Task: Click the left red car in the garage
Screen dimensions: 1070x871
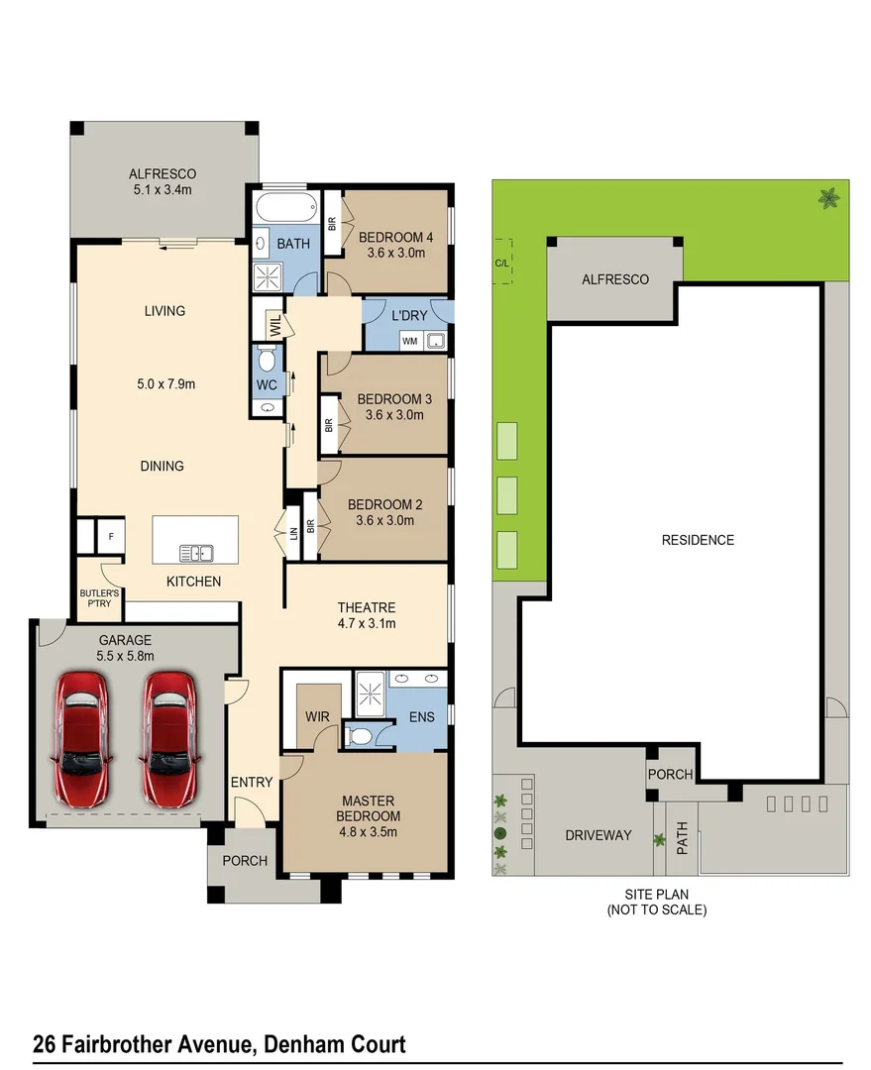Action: click(82, 738)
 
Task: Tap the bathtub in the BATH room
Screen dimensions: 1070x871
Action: click(285, 209)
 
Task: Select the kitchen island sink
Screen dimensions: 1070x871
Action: click(194, 553)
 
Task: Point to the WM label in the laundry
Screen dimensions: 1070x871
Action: click(409, 341)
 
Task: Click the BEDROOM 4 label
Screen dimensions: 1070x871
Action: click(394, 237)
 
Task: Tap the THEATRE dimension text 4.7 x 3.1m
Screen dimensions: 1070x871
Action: click(367, 623)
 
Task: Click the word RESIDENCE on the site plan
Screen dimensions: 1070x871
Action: click(698, 540)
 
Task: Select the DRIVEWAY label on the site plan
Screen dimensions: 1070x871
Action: click(598, 835)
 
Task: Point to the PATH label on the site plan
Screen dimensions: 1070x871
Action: click(682, 840)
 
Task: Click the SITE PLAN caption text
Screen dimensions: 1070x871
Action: click(657, 894)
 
